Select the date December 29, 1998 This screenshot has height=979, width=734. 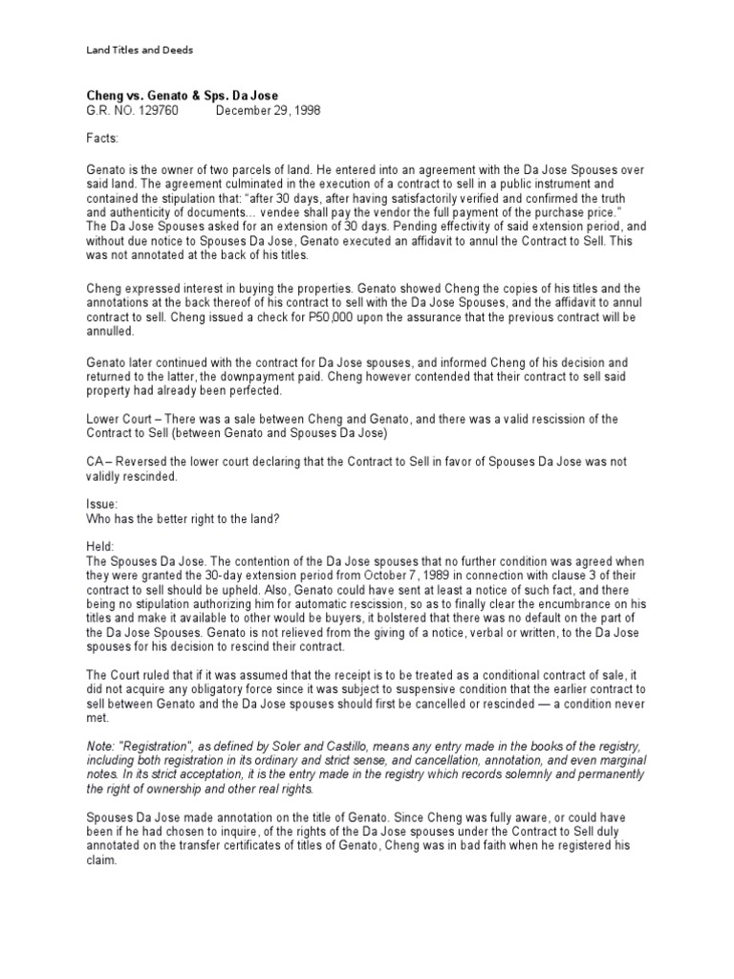tap(268, 110)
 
